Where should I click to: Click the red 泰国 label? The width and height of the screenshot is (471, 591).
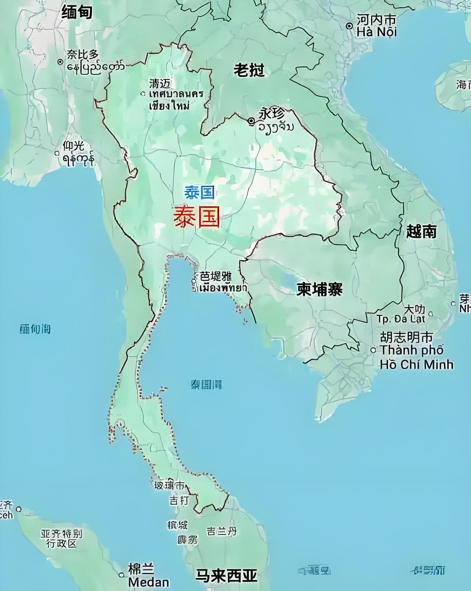pos(197,217)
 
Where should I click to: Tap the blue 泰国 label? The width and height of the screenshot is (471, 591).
pos(199,192)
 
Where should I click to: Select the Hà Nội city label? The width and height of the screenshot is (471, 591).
pos(376,32)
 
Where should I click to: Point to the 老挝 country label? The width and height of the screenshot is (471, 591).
pos(249,70)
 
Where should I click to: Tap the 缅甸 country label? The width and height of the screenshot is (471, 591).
pos(77,13)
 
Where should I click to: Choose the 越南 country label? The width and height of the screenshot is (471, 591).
pos(421,232)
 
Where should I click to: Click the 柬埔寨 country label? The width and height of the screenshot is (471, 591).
pos(319,289)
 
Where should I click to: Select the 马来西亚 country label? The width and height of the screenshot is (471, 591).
pos(226,575)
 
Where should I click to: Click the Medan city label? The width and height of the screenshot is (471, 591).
pos(148,582)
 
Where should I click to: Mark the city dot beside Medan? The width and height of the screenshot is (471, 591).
pos(121,575)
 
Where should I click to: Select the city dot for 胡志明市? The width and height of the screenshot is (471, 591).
pos(373,350)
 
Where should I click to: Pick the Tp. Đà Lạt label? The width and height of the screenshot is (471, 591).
pos(400,319)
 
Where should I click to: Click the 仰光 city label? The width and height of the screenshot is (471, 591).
pos(73,146)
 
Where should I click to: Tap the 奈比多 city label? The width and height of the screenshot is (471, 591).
pos(83,54)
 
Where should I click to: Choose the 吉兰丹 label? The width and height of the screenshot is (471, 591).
pos(222,531)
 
